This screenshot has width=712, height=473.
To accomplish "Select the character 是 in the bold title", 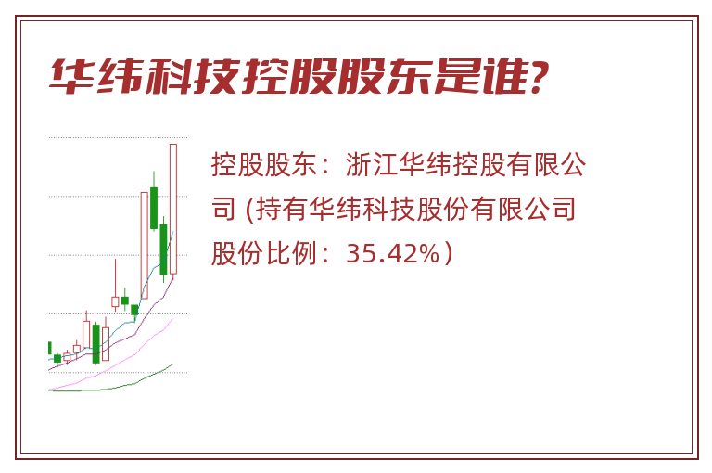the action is click(455, 77).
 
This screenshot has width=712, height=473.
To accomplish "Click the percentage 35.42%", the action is click(393, 253).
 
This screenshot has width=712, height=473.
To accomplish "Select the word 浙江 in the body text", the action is click(372, 164).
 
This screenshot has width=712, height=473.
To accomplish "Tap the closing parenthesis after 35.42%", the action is click(449, 253).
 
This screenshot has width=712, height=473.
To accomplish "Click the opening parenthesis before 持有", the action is click(249, 209).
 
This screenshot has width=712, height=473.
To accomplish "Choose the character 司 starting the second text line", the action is click(223, 209).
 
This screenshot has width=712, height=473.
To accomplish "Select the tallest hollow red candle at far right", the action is click(173, 209).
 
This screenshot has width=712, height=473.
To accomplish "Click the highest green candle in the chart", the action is click(154, 208).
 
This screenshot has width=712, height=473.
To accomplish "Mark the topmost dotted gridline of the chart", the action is click(118, 137).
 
